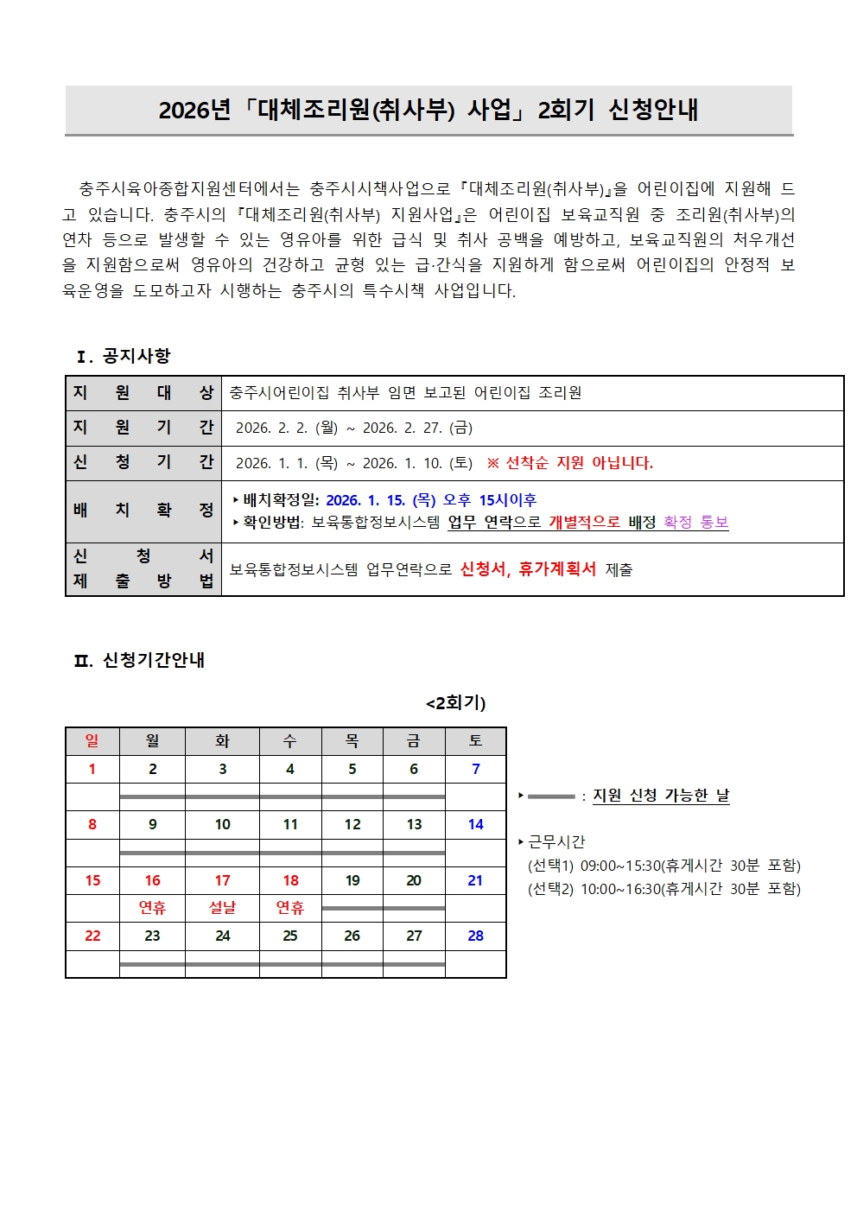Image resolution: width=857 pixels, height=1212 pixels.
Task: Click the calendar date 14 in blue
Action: pyautogui.click(x=475, y=824)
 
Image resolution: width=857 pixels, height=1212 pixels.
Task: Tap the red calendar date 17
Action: pyautogui.click(x=222, y=880)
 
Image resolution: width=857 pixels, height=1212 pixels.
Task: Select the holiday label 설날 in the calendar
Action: pyautogui.click(x=222, y=907)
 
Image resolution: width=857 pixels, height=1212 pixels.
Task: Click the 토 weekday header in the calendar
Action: pyautogui.click(x=475, y=741)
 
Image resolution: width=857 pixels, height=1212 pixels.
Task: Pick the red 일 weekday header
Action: pyautogui.click(x=92, y=741)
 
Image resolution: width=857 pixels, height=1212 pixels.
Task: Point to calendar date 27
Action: pyautogui.click(x=414, y=936)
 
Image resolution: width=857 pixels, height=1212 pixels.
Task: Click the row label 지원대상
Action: pyautogui.click(x=143, y=393)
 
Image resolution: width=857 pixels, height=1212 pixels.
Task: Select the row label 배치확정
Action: pyautogui.click(x=143, y=511)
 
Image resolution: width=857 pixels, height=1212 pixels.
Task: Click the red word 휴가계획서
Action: pyautogui.click(x=557, y=569)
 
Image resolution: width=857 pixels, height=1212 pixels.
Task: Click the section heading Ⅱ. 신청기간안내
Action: pyautogui.click(x=139, y=660)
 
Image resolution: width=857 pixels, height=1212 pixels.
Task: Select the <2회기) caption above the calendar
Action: pyautogui.click(x=456, y=703)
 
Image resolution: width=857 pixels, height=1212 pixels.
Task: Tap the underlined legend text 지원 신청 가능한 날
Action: pyautogui.click(x=661, y=796)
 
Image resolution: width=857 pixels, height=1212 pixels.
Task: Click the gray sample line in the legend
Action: pyautogui.click(x=551, y=796)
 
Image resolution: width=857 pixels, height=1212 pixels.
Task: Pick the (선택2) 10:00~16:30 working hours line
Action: pyautogui.click(x=663, y=889)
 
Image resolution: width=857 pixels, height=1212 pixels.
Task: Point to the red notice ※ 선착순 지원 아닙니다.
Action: pyautogui.click(x=570, y=463)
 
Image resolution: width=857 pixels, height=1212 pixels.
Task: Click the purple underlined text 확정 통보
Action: pyautogui.click(x=696, y=523)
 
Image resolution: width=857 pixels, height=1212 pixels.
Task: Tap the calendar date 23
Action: pyautogui.click(x=152, y=936)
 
